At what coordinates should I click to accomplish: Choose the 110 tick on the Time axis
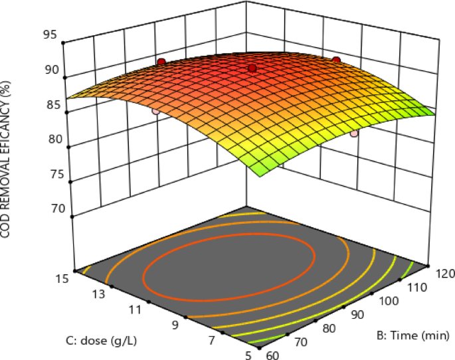pos(418,287)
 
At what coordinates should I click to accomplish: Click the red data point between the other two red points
pos(252,68)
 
